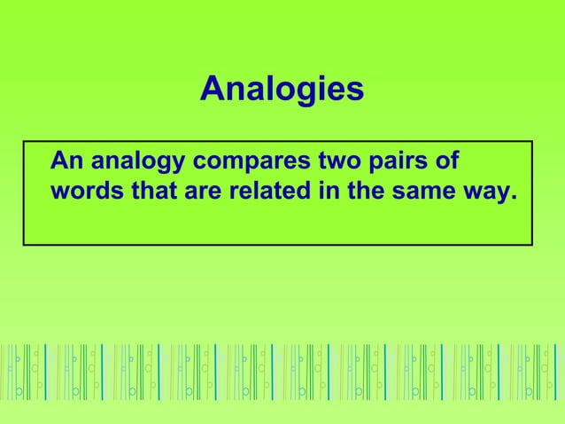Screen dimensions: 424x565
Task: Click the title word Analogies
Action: click(282, 90)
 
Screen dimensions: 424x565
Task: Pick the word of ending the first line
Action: click(447, 162)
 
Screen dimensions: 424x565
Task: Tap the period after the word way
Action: click(511, 198)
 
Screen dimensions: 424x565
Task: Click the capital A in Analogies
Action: click(212, 89)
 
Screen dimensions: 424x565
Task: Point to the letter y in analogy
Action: click(175, 167)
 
